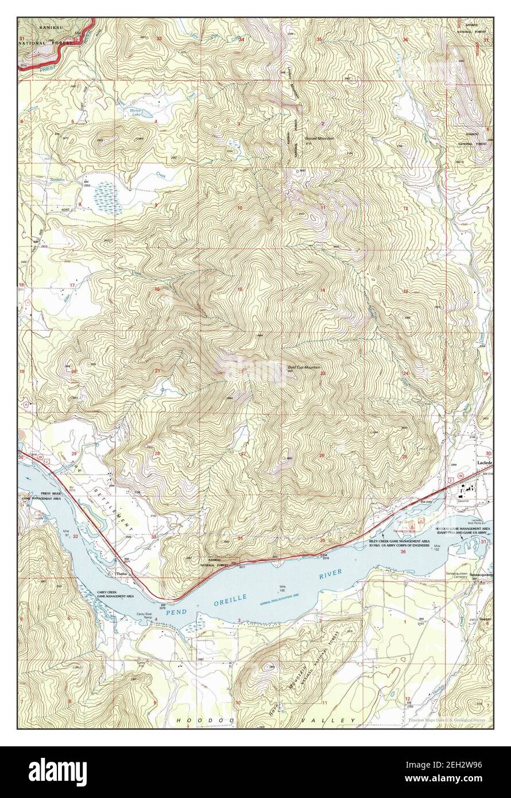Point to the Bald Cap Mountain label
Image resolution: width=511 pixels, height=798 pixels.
pyautogui.click(x=304, y=367)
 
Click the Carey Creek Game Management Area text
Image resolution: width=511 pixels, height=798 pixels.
pyautogui.click(x=115, y=594)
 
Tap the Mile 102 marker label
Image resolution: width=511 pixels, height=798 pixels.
pyautogui.click(x=440, y=547)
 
